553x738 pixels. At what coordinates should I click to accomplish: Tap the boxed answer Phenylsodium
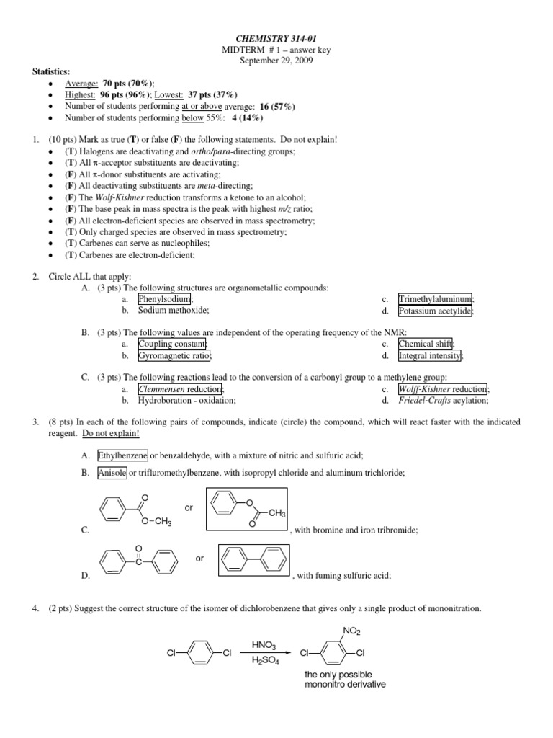click(165, 299)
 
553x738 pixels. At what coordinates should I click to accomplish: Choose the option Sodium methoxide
click(174, 311)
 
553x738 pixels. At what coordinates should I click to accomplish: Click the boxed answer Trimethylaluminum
click(436, 299)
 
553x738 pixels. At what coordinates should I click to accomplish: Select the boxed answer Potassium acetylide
click(436, 311)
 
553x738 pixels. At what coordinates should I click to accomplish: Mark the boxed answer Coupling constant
click(172, 344)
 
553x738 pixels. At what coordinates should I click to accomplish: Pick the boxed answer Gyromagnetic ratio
click(174, 356)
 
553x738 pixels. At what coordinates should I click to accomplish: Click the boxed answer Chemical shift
click(427, 344)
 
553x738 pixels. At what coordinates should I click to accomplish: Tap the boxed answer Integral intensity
click(431, 356)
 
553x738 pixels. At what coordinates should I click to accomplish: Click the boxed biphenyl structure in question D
click(253, 559)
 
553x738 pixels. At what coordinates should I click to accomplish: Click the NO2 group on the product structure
click(351, 631)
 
